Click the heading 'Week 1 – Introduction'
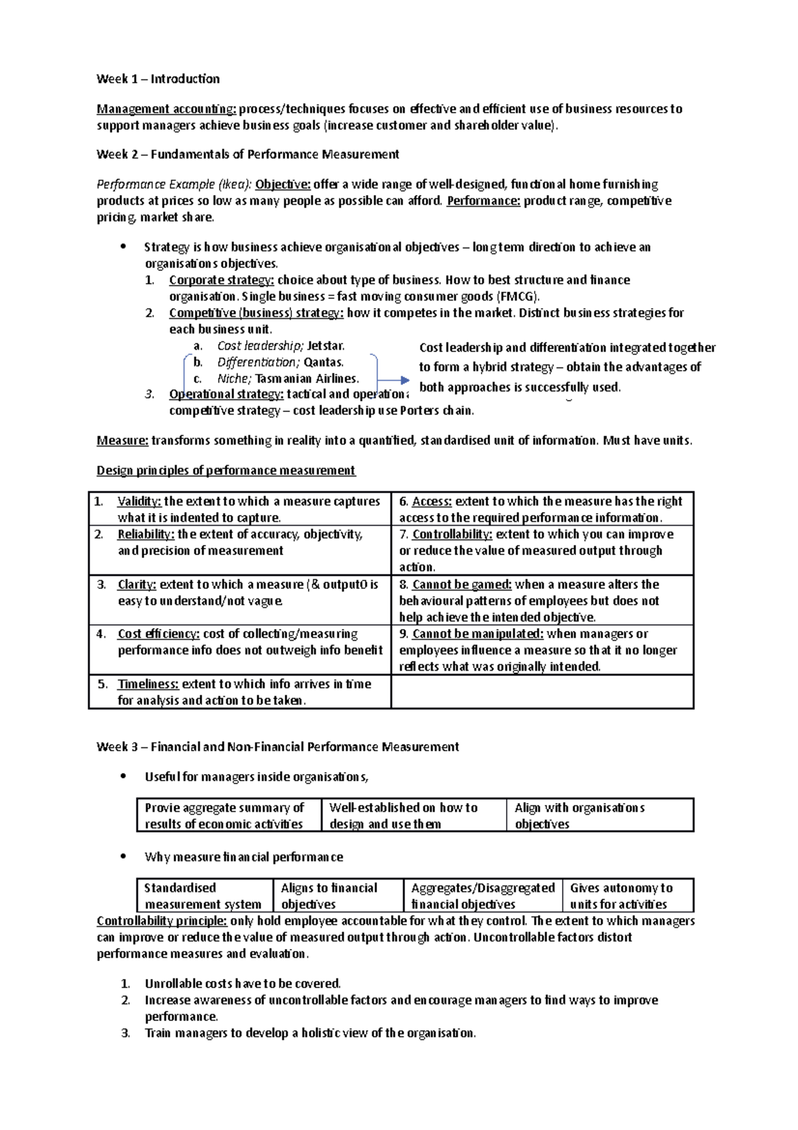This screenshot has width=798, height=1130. (158, 79)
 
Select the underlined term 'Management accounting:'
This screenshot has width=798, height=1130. (166, 108)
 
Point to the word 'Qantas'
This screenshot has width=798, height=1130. (323, 362)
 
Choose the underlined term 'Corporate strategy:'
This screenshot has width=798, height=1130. (221, 280)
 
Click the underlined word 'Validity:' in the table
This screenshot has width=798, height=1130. (139, 501)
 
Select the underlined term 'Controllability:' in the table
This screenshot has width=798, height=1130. (452, 534)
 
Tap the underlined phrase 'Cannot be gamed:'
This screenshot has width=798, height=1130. (462, 584)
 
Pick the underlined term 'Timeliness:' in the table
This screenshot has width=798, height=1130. (148, 683)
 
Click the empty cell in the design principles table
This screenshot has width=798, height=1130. (542, 692)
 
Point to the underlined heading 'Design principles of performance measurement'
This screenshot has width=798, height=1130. (225, 471)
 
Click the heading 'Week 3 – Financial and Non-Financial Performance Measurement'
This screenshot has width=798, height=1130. (277, 747)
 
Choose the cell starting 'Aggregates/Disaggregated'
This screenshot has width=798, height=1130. (482, 896)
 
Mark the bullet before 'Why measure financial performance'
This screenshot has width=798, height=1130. (122, 856)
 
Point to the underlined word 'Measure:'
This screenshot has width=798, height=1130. (122, 441)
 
